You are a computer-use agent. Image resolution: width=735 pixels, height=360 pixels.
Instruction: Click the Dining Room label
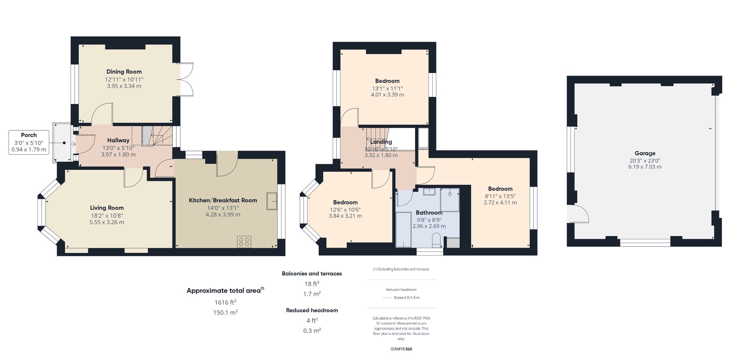pyautogui.click(x=124, y=72)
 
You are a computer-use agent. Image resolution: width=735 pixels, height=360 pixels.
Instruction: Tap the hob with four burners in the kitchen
pyautogui.click(x=244, y=242)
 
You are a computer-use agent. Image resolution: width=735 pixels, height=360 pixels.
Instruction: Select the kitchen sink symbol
pyautogui.click(x=272, y=201)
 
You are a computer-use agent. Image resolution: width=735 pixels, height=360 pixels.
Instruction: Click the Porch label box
pyautogui.click(x=29, y=142)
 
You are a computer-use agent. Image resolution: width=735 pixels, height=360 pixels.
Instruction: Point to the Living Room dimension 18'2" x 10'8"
pyautogui.click(x=107, y=216)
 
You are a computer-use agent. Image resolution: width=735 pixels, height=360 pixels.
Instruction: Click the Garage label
pyautogui.click(x=645, y=153)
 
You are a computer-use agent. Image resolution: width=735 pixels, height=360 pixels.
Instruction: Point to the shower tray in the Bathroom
pyautogui.click(x=450, y=199)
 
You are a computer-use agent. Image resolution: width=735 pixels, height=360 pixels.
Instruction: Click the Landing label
pyautogui.click(x=381, y=142)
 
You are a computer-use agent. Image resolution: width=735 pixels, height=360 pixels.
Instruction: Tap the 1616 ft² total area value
pyautogui.click(x=225, y=302)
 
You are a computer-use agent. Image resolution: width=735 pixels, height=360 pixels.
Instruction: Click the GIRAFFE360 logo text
pyautogui.click(x=401, y=349)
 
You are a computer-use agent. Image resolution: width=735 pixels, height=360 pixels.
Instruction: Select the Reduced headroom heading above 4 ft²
pyautogui.click(x=312, y=310)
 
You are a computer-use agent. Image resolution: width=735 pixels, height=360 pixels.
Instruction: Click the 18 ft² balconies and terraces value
pyautogui.click(x=312, y=284)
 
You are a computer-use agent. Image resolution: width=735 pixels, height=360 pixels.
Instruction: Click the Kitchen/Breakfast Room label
pyautogui.click(x=223, y=200)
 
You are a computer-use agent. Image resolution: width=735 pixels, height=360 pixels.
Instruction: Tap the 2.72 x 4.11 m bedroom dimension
pyautogui.click(x=500, y=202)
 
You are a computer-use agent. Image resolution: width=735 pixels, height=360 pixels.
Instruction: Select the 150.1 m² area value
pyautogui.click(x=225, y=313)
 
